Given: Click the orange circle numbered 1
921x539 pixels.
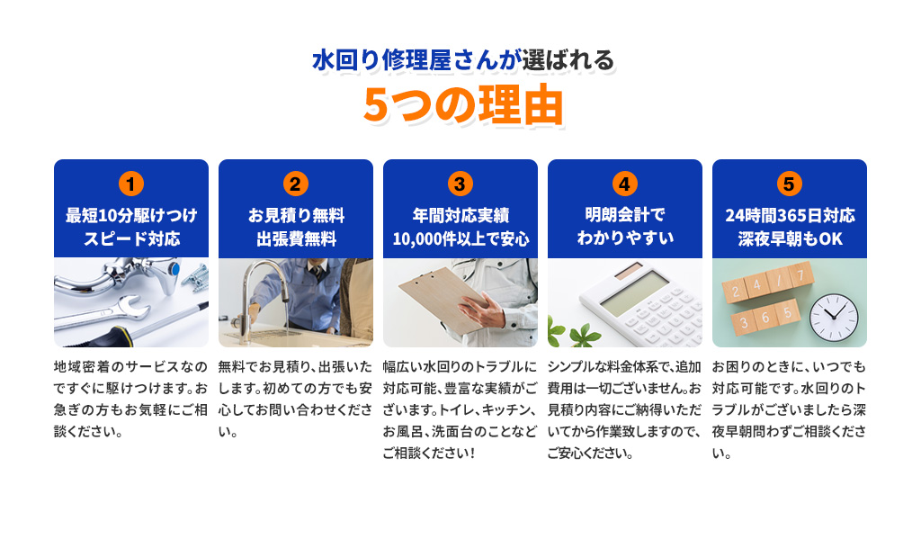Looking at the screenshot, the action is click(x=131, y=184).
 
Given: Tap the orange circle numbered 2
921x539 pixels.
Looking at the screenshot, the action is click(x=295, y=184).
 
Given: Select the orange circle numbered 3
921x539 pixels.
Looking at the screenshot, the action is click(x=460, y=184).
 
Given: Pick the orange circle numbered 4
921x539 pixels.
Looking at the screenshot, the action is click(x=624, y=184).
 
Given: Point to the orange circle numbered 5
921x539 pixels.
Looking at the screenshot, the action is click(x=789, y=184).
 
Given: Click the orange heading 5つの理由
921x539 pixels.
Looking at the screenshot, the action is click(x=463, y=105).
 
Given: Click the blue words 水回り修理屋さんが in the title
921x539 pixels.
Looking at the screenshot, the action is click(x=416, y=60).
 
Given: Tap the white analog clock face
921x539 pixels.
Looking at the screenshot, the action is click(x=834, y=318).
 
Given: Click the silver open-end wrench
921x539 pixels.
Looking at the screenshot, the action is click(x=106, y=312).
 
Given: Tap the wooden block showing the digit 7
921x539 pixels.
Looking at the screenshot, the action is click(x=800, y=275).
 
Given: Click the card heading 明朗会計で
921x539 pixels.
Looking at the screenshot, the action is click(x=624, y=214).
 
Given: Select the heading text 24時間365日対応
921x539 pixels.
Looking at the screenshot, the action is click(x=790, y=215).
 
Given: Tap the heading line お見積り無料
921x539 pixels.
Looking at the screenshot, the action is click(x=296, y=215).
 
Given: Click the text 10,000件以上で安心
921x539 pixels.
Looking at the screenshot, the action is click(x=460, y=238).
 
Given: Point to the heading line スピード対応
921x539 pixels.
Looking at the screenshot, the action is click(x=131, y=238).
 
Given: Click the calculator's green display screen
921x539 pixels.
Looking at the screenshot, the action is click(x=634, y=292).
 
